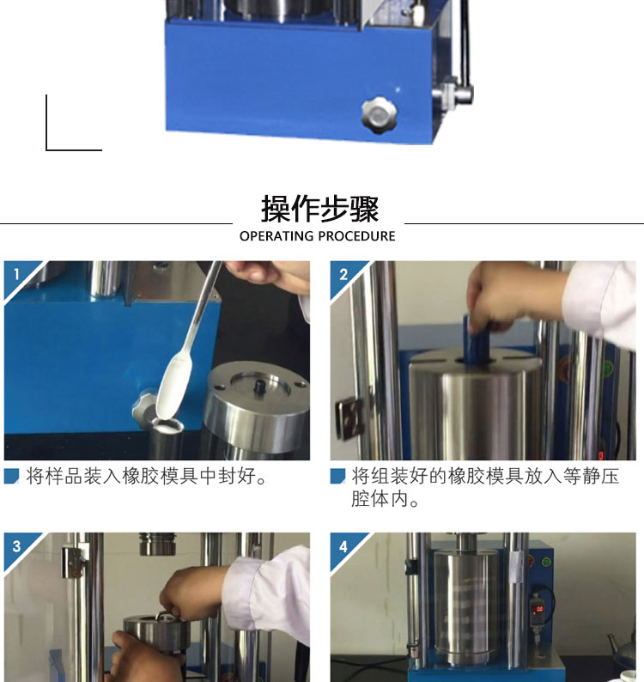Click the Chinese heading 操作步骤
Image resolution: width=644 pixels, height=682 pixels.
coord(319,209)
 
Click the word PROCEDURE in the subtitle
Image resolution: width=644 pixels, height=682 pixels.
coord(356,235)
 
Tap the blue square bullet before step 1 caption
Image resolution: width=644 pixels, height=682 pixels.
coord(12,476)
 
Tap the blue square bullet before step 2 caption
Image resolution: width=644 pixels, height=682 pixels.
coord(337,476)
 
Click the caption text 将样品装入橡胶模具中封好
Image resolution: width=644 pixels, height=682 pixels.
coord(141,476)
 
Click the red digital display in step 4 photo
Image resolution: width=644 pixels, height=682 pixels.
coord(538,608)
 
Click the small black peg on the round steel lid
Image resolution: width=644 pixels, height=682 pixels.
coord(260,386)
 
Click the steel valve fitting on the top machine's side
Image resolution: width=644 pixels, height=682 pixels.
coord(453,93)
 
